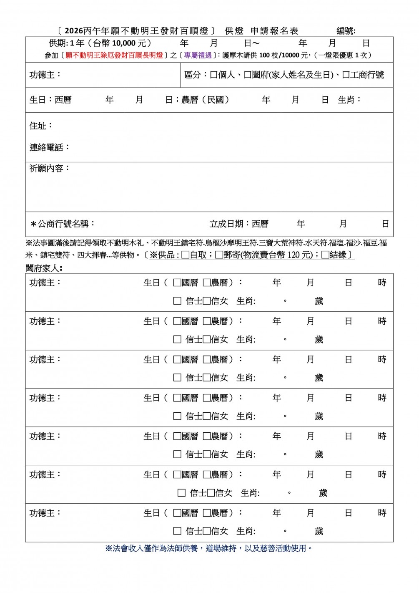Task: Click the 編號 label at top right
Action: click(346, 31)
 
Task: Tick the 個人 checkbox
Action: click(213, 75)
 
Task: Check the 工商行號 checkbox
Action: click(346, 75)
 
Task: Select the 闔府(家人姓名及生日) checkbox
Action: click(247, 75)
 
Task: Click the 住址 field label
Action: click(40, 126)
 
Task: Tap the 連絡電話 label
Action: click(49, 147)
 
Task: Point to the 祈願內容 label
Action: click(49, 169)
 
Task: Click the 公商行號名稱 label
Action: click(63, 224)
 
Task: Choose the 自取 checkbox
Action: click(186, 255)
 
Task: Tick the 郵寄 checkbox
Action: click(219, 255)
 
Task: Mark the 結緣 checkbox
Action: click(325, 255)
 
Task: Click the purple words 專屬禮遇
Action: click(198, 55)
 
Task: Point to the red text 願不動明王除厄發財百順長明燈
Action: click(114, 55)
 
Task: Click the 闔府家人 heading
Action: click(43, 268)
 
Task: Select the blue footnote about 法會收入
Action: click(209, 548)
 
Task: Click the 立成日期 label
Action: click(228, 224)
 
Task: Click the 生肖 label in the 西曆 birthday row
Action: click(349, 100)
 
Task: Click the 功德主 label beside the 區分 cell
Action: click(45, 75)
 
